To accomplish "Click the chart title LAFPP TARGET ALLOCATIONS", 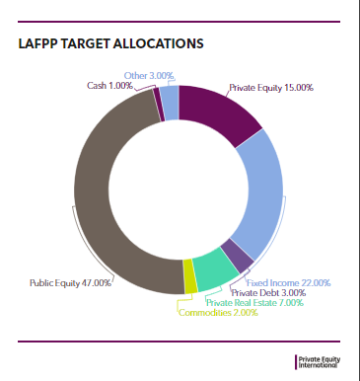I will pos(110,44).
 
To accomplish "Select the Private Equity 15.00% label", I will pos(271,88).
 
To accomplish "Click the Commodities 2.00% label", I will pos(218,312).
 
